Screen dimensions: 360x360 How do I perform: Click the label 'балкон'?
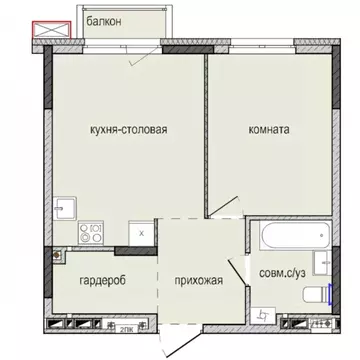tap(102, 20)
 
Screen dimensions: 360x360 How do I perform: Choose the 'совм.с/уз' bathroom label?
tap(282, 272)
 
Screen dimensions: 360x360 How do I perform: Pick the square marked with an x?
tap(143, 232)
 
